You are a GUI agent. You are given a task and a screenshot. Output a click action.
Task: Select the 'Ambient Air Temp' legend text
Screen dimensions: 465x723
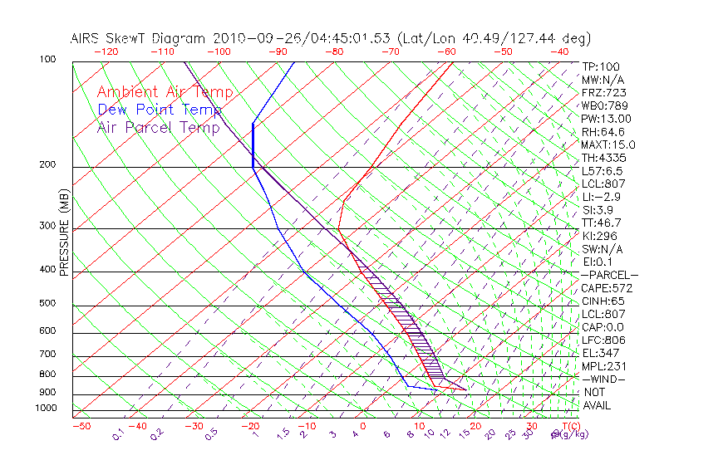[165, 92]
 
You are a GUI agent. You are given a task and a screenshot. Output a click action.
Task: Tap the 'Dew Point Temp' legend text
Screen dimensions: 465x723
[160, 110]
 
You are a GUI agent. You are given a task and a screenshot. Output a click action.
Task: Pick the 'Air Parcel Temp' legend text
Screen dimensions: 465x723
[159, 127]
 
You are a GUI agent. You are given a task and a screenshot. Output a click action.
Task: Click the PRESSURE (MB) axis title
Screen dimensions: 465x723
[64, 233]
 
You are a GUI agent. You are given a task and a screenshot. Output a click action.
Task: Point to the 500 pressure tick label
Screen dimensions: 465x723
[47, 304]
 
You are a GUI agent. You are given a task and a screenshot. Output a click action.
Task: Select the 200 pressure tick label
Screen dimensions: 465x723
[47, 165]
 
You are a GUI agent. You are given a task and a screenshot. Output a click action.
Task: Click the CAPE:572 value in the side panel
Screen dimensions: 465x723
[607, 288]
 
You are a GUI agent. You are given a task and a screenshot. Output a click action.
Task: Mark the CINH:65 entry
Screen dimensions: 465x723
[604, 301]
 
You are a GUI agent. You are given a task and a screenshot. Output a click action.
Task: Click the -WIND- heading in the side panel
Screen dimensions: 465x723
[604, 379]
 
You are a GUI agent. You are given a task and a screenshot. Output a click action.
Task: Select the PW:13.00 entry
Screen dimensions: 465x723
[607, 119]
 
